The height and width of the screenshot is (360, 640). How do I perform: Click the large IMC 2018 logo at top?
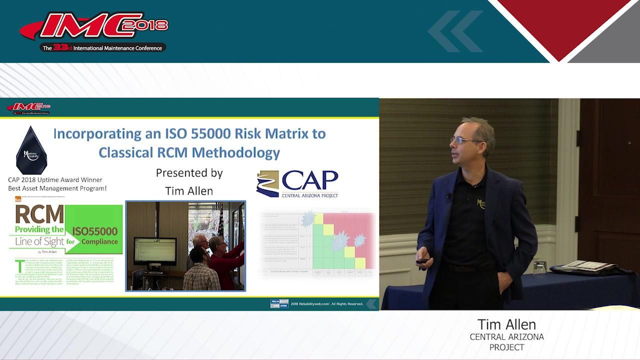tap(95, 27)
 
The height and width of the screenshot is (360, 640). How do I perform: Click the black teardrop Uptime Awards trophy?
tap(31, 150)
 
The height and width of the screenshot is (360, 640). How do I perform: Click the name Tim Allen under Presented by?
tap(189, 191)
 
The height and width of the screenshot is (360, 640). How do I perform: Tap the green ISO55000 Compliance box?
tap(94, 235)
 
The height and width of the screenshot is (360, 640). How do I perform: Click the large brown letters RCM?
tap(39, 214)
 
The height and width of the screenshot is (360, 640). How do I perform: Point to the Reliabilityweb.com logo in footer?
tap(279, 303)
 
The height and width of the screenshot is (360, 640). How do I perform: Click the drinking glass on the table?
tap(539, 268)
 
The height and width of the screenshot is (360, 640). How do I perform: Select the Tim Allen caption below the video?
tap(506, 324)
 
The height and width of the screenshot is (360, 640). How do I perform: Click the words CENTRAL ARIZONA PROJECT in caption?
tap(506, 342)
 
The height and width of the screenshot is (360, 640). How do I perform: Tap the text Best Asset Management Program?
tap(57, 188)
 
